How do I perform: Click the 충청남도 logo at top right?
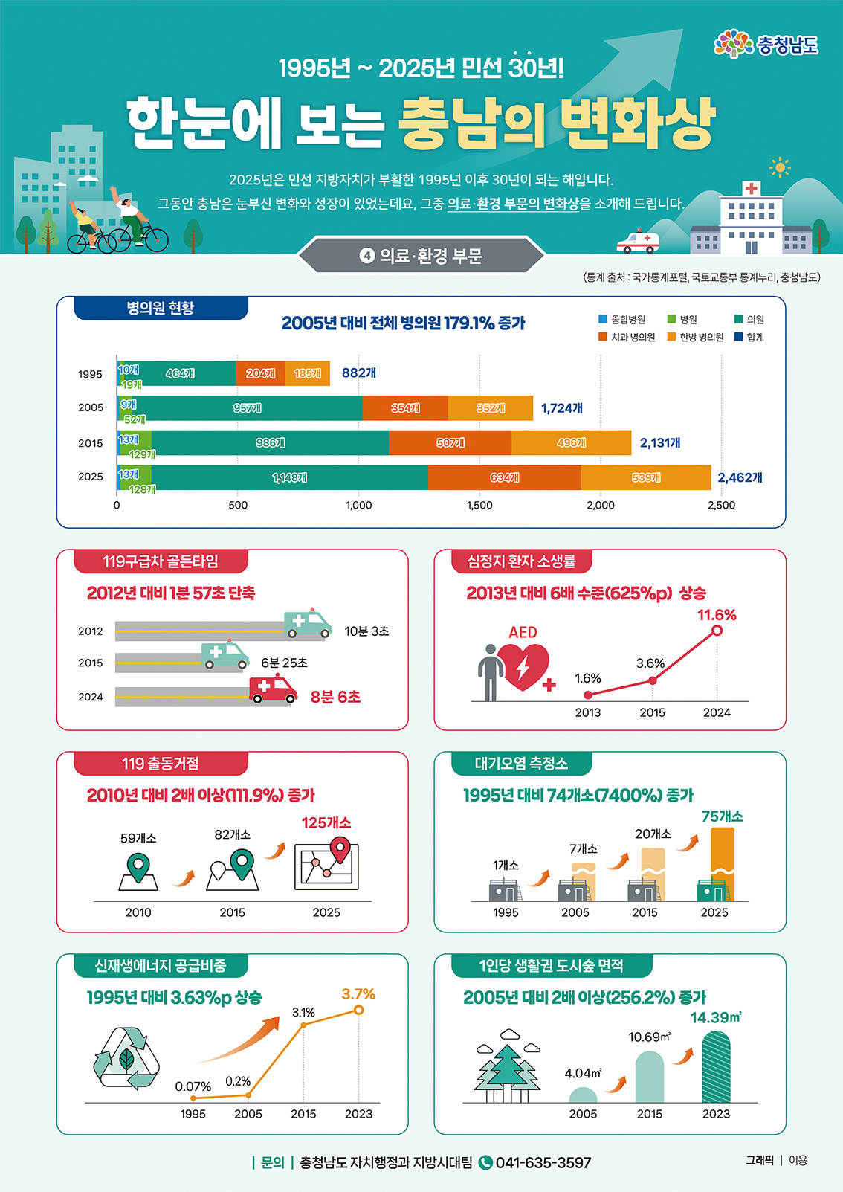tap(766, 45)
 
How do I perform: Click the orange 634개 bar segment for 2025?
tap(504, 477)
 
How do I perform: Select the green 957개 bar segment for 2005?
tap(247, 408)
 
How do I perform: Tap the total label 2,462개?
tap(740, 477)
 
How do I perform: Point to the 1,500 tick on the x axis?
tap(479, 505)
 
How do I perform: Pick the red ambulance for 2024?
tap(273, 689)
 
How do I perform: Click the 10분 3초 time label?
tap(366, 631)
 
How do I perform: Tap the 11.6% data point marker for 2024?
tap(717, 631)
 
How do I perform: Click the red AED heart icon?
tap(523, 666)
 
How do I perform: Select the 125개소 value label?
tap(326, 822)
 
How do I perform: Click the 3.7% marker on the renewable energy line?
tap(359, 1010)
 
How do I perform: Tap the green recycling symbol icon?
tap(126, 1058)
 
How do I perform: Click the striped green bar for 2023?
tap(716, 1067)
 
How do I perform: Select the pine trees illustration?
tap(507, 1069)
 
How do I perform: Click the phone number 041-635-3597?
tap(543, 1162)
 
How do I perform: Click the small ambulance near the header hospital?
tap(638, 241)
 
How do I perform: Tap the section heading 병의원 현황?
tap(161, 308)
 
